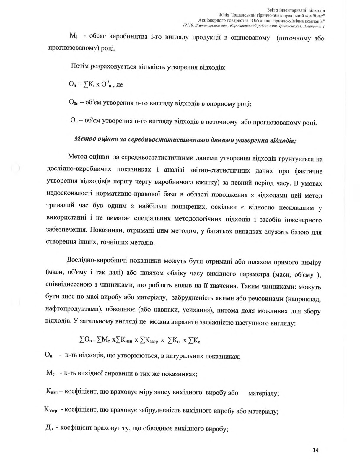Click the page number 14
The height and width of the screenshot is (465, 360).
tap(315, 450)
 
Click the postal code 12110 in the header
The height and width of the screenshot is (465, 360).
tap(188, 26)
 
